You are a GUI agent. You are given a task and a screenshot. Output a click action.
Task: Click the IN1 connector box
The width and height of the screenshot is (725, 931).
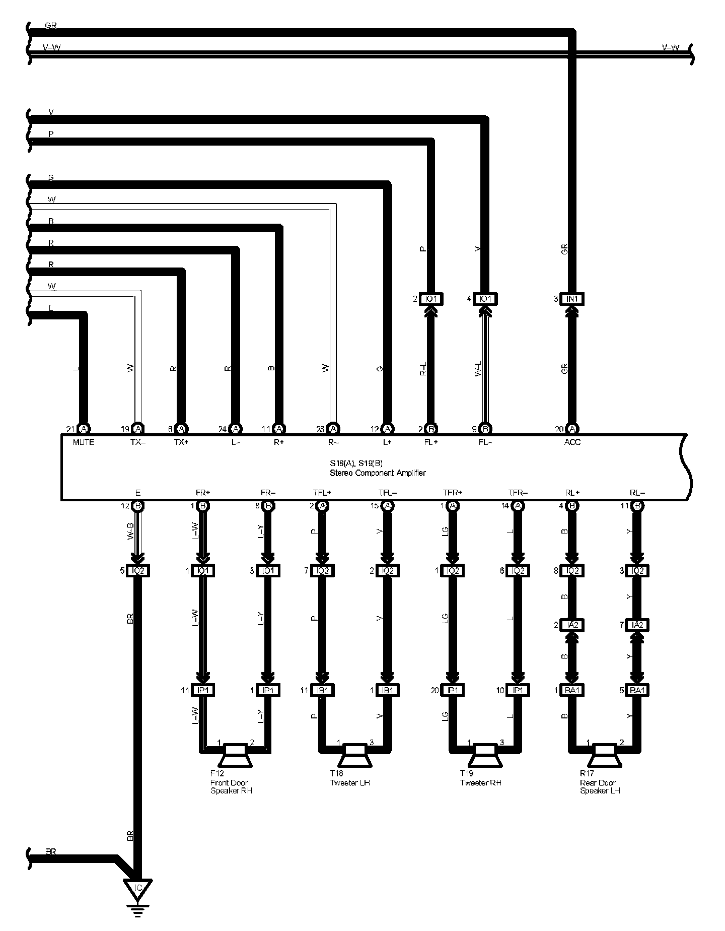point(573,299)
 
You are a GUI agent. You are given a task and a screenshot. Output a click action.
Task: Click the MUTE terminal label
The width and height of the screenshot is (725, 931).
point(84,442)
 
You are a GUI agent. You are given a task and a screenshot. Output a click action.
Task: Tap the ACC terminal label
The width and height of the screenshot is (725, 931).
point(572,442)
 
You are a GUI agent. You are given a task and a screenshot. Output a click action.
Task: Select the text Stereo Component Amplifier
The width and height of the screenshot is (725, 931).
point(377,473)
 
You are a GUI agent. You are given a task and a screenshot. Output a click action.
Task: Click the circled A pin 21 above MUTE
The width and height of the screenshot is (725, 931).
point(84,429)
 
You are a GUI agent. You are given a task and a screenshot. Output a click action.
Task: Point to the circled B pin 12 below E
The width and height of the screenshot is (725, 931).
point(138,506)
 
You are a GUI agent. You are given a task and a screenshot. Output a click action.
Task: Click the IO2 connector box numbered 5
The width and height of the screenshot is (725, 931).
point(137,571)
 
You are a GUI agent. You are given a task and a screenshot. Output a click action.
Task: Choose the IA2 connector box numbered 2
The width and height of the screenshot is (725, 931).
point(572,625)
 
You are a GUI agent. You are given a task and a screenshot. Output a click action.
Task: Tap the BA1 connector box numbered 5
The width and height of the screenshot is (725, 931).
point(637,690)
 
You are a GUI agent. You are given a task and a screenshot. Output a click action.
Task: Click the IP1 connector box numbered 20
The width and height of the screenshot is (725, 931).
point(452,690)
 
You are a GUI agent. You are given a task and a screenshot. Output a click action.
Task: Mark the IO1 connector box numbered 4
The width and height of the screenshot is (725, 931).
point(485,299)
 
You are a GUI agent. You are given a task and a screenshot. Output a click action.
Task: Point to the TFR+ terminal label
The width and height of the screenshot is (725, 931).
point(452,493)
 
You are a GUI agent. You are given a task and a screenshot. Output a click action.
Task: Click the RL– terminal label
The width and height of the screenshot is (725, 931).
point(637,493)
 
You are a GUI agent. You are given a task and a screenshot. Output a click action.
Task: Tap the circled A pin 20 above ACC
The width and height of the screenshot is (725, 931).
point(573,429)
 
